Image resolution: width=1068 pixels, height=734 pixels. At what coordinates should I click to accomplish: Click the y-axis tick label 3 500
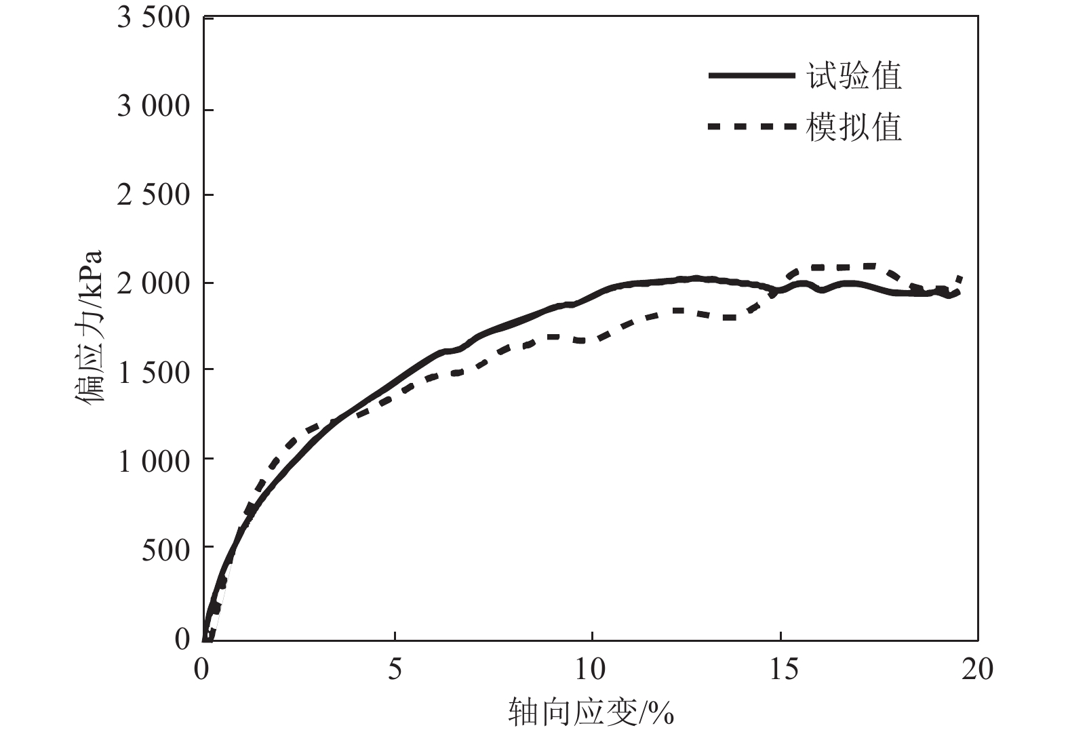(x=154, y=18)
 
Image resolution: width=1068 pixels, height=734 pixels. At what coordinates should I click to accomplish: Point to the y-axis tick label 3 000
(x=154, y=106)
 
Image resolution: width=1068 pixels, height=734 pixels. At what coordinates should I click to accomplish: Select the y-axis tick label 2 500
(x=154, y=195)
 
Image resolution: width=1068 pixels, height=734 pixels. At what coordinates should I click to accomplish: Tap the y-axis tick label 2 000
(x=154, y=283)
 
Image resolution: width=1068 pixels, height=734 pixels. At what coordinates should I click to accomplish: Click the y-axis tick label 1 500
(x=154, y=372)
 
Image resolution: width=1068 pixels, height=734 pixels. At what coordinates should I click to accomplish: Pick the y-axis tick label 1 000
(x=154, y=461)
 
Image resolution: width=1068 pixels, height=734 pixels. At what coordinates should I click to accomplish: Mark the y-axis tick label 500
(x=166, y=550)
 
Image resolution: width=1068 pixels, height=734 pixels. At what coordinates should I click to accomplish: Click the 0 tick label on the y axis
(x=182, y=638)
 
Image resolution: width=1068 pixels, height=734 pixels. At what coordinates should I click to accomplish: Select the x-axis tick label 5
(x=395, y=670)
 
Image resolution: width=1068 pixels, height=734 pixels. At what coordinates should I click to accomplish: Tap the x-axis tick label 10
(x=590, y=670)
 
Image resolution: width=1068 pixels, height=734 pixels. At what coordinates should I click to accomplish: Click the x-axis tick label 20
(x=977, y=670)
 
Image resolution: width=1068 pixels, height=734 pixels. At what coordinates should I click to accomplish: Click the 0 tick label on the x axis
(x=202, y=670)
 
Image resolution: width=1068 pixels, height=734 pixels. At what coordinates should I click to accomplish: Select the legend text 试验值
(x=854, y=76)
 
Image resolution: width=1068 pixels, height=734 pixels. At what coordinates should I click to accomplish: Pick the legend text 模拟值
(x=854, y=127)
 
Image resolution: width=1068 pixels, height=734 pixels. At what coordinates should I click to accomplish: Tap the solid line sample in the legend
(x=751, y=76)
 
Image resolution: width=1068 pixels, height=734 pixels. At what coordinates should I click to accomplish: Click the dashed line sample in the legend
(x=751, y=127)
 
